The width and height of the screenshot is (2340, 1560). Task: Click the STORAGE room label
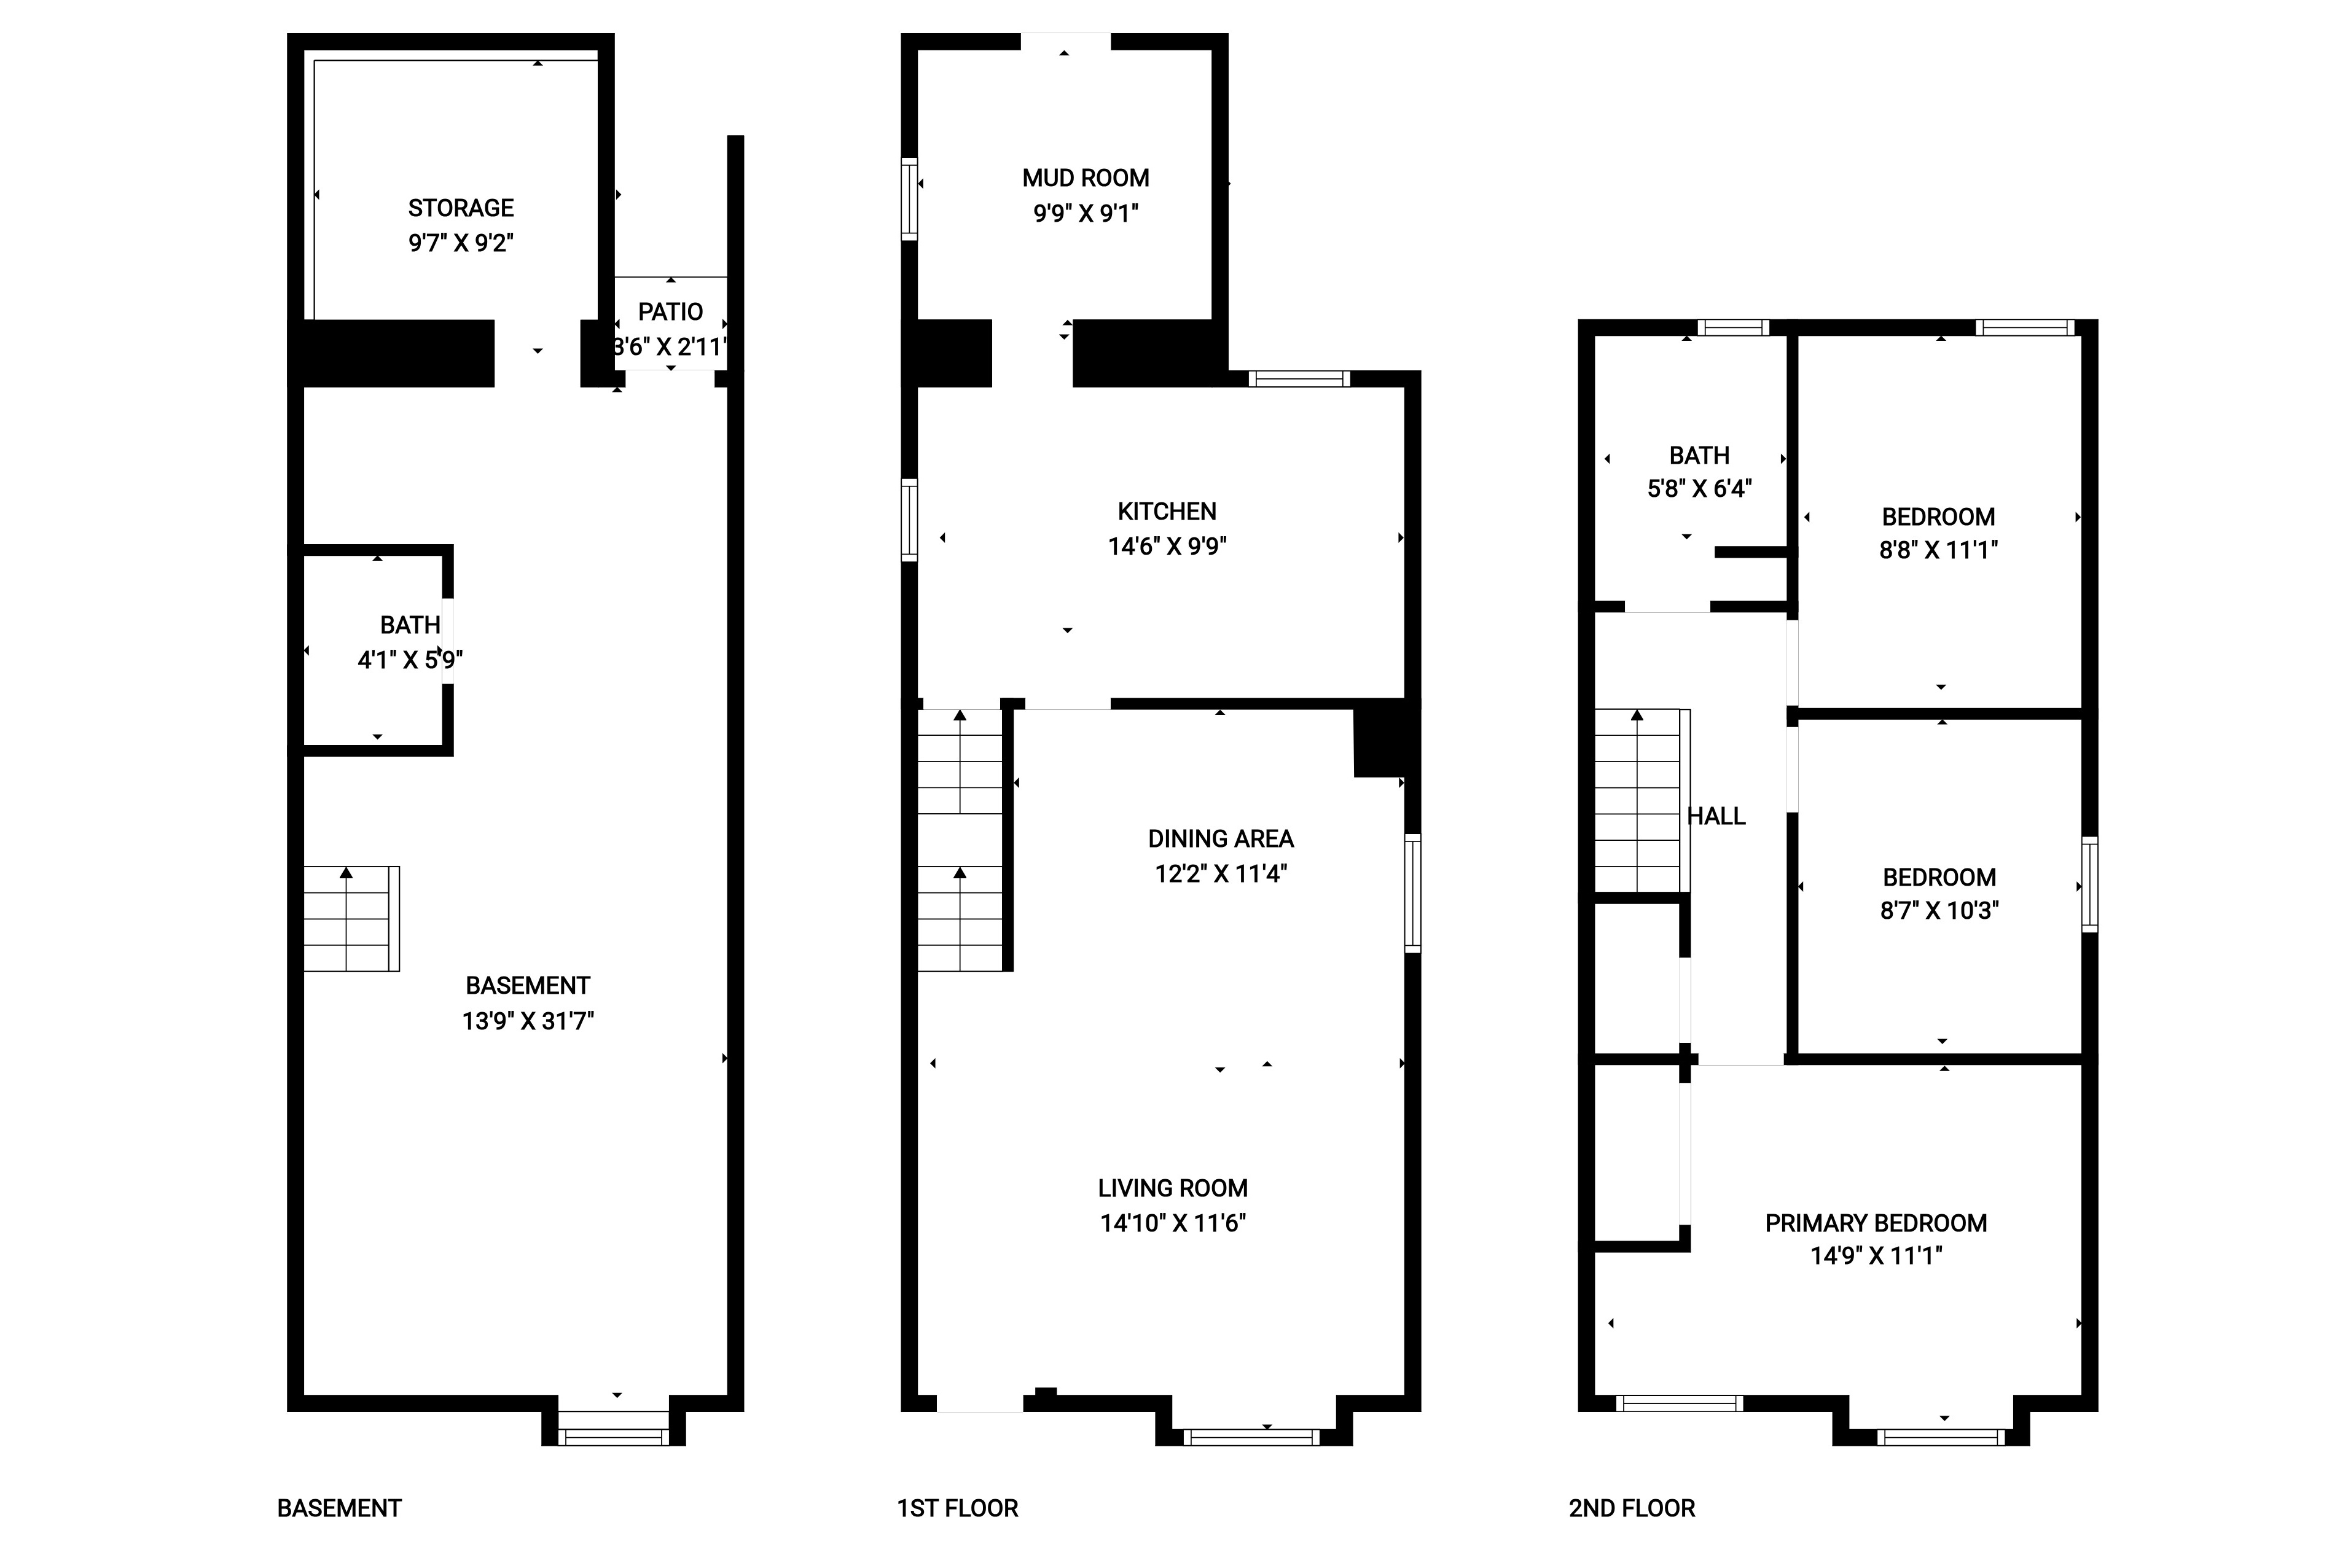click(x=461, y=208)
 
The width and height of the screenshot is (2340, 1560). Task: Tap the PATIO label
click(x=671, y=313)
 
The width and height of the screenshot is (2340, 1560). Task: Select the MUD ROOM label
click(x=1086, y=178)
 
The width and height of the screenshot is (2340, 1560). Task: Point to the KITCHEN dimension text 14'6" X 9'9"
click(x=1167, y=546)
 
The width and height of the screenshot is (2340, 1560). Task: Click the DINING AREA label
click(x=1221, y=839)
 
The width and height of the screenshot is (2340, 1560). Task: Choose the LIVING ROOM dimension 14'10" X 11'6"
click(x=1173, y=1223)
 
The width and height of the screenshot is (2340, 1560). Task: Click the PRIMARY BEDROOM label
click(x=1876, y=1223)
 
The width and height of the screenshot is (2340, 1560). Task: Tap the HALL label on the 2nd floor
click(x=1717, y=816)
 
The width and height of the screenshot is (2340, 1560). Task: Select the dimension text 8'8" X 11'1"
click(x=1938, y=550)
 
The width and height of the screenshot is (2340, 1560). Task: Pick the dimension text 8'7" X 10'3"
click(x=1939, y=910)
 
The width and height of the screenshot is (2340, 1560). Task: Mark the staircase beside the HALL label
click(x=1642, y=801)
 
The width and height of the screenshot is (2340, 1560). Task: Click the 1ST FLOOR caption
click(x=957, y=1508)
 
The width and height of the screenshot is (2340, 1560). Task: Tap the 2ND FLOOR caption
click(x=1632, y=1508)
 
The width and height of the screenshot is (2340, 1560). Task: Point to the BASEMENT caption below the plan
click(x=339, y=1508)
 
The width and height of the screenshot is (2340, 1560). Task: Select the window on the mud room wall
click(x=909, y=199)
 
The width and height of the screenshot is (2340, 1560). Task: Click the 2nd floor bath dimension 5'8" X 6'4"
click(x=1699, y=488)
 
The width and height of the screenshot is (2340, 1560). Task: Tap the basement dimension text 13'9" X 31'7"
click(x=527, y=1021)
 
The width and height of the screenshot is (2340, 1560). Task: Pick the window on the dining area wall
click(x=1413, y=894)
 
